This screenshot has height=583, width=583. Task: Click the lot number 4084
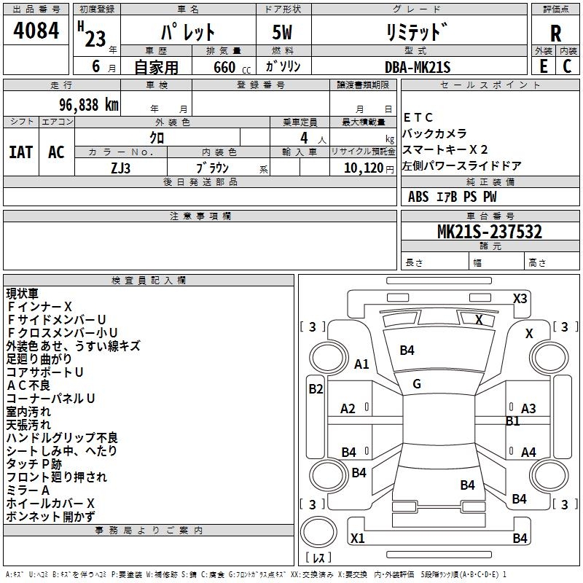click(x=36, y=32)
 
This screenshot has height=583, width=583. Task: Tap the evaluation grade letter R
click(x=555, y=34)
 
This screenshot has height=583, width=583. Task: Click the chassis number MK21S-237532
click(x=490, y=232)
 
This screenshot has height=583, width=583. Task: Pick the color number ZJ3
click(x=121, y=168)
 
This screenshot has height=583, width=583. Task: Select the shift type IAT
click(x=21, y=152)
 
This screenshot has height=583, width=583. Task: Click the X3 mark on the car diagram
click(x=520, y=298)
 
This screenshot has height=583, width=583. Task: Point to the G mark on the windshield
click(x=416, y=384)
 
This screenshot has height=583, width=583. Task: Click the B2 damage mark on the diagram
click(x=316, y=388)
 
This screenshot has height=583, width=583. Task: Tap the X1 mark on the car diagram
click(x=357, y=539)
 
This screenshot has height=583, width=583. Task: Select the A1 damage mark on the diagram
click(x=361, y=364)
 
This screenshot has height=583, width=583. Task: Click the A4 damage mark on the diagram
click(x=528, y=453)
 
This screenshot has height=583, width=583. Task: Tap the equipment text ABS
click(x=418, y=196)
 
